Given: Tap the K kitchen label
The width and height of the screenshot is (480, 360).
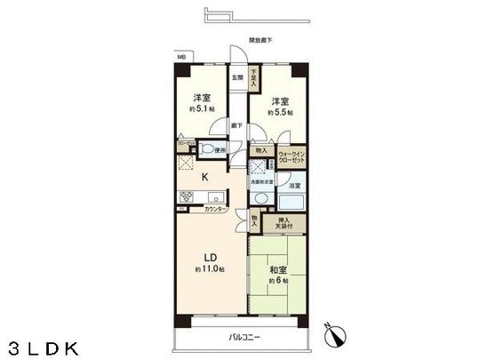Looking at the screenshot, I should [204, 177].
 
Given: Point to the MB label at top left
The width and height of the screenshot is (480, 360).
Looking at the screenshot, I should [181, 57].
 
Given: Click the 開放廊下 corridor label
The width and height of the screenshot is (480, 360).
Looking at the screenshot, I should [260, 41].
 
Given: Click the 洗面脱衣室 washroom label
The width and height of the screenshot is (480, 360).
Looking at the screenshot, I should [260, 182].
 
